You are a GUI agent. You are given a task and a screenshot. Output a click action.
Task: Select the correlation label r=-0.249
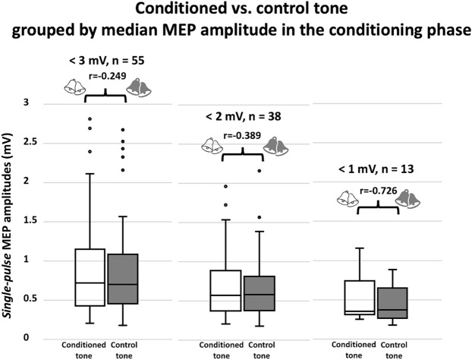point(108,76)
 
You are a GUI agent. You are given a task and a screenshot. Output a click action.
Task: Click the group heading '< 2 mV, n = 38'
point(244,118)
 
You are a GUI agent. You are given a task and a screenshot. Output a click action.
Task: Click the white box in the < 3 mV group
point(90,277)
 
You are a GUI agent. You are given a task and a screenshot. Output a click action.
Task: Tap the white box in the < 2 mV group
point(225,290)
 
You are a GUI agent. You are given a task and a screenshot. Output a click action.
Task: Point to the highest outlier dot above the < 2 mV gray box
point(260,170)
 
